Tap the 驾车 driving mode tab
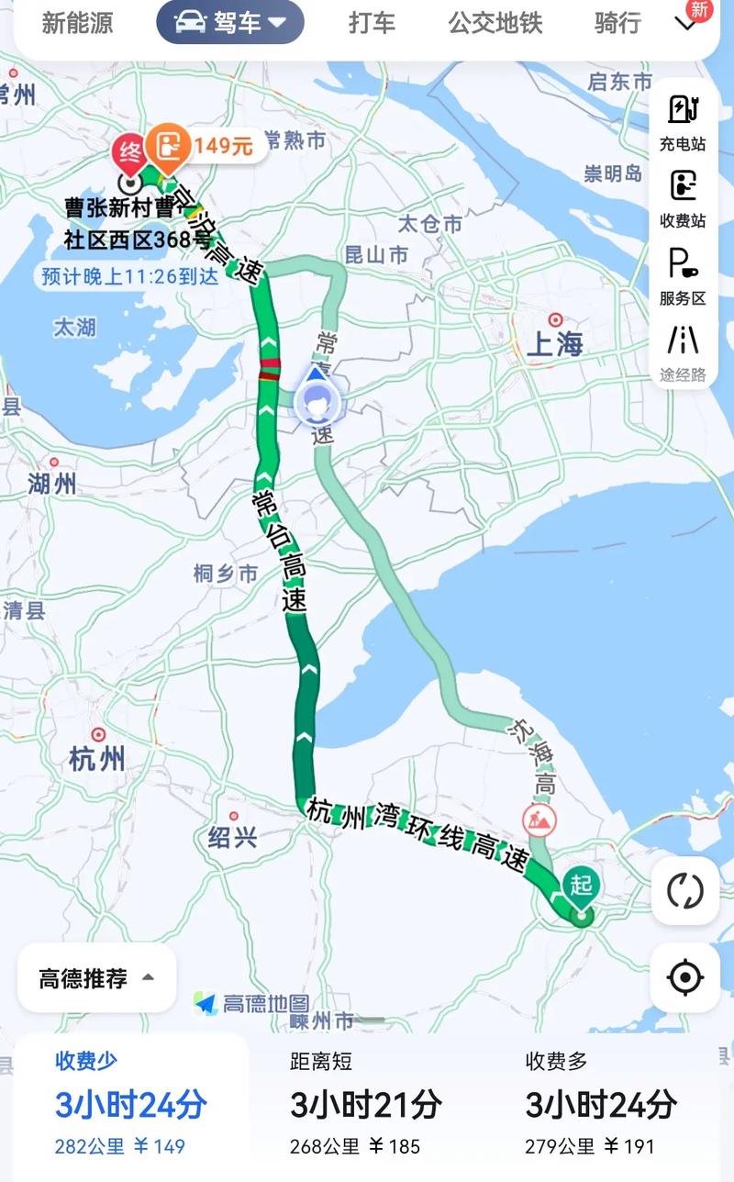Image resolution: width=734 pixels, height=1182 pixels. pyautogui.click(x=230, y=22)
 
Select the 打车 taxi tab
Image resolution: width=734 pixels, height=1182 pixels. pyautogui.click(x=372, y=22)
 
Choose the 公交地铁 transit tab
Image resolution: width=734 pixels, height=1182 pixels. pyautogui.click(x=495, y=22)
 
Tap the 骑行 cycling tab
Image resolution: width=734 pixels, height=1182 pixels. pyautogui.click(x=617, y=22)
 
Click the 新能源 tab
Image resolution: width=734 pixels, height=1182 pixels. pyautogui.click(x=78, y=22)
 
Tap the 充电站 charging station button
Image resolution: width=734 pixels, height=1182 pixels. pyautogui.click(x=683, y=121)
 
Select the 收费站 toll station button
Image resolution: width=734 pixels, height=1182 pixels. pyautogui.click(x=683, y=196)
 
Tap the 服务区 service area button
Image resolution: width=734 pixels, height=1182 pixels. pyautogui.click(x=683, y=275)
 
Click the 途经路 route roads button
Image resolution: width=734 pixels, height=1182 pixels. pyautogui.click(x=683, y=351)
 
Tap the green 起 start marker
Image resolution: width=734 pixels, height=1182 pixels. pyautogui.click(x=581, y=886)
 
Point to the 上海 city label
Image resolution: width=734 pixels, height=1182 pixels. pyautogui.click(x=555, y=344)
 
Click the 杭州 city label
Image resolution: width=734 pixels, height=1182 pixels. pyautogui.click(x=97, y=758)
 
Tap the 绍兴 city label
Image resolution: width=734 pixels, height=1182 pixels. pyautogui.click(x=232, y=836)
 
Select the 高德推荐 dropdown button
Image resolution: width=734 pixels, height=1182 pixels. pyautogui.click(x=96, y=978)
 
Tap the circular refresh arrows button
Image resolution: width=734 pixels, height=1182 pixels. pyautogui.click(x=684, y=890)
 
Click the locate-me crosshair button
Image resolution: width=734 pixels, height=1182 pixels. pyautogui.click(x=684, y=978)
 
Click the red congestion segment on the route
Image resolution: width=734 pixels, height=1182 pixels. pyautogui.click(x=269, y=369)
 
